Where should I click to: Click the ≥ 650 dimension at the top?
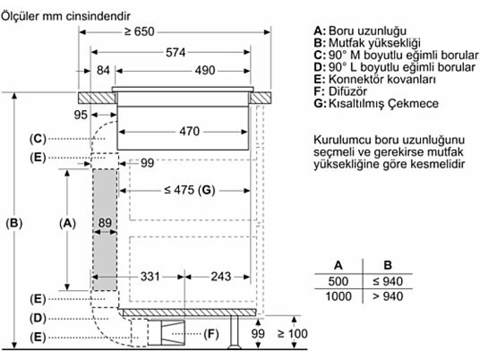coord(139,31)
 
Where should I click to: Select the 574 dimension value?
coord(175,52)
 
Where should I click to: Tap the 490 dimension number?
coord(205,70)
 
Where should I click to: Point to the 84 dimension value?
coord(103,70)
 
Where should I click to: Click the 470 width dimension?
coord(189,131)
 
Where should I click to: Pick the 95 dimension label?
coord(81,115)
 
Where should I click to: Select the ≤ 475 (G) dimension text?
coord(190,190)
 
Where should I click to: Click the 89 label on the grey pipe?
coord(105,223)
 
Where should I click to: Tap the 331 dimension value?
coord(150,277)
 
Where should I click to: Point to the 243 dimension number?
coord(221,277)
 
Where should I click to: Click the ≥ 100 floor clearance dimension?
coord(292,333)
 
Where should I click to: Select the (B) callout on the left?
coord(14,223)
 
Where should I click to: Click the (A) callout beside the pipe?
coord(67,223)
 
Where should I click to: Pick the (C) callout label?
coord(38,139)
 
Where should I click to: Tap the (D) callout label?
coord(38,318)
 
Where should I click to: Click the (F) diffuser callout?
coord(211,333)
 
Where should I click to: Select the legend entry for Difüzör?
coord(340,91)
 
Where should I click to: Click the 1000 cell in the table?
coord(338,296)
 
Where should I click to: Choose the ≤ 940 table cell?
coord(388,281)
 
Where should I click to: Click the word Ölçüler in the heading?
coord(21,16)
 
